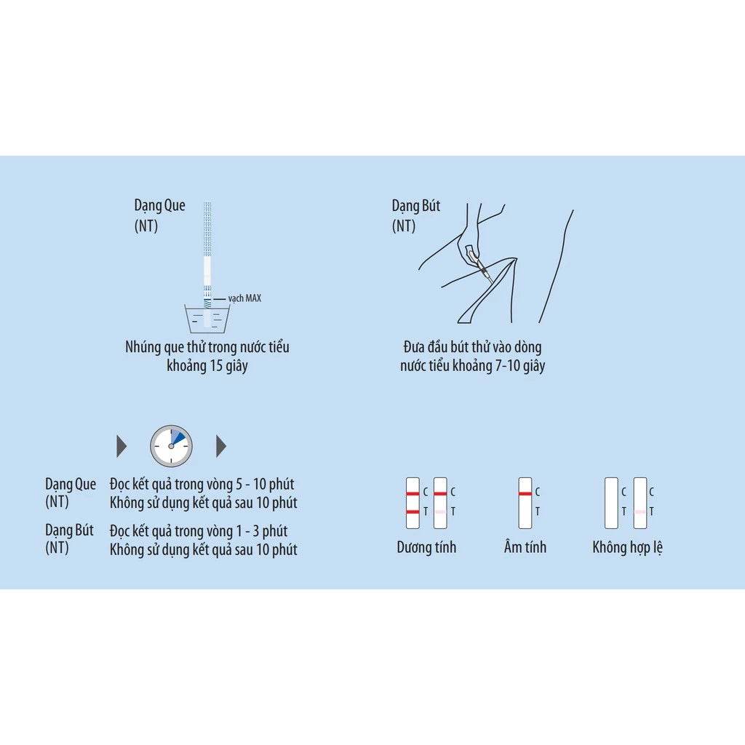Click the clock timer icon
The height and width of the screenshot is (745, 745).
pos(171,445)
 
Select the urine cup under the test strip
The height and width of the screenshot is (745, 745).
pos(209,319)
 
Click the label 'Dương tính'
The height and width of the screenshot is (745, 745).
pos(426,547)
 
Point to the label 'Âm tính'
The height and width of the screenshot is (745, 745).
pos(525,547)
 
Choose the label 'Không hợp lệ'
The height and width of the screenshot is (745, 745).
pos(627,547)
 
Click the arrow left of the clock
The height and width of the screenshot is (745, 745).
pos(121,446)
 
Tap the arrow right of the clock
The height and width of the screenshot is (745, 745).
pos(221,446)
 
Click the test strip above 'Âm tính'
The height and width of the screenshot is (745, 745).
pos(525,502)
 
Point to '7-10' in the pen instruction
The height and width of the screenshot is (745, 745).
pos(509,366)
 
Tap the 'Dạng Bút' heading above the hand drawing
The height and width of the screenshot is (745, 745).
pos(416,206)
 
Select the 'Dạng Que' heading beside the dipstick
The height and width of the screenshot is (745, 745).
pos(159,206)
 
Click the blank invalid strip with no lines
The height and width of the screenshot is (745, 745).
pos(611,502)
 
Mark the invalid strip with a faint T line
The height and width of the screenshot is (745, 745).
pos(640,502)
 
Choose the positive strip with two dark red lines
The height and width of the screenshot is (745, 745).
pos(413,502)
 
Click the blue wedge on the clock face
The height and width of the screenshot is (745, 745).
pos(177,437)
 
